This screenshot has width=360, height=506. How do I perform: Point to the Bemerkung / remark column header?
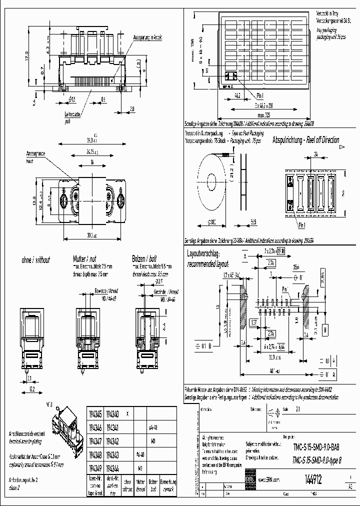167,484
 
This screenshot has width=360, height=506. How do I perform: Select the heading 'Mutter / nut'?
85,259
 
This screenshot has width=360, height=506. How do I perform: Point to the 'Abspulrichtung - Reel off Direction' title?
305,140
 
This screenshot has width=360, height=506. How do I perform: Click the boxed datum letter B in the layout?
325,329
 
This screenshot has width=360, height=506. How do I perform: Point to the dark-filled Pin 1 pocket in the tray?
230,76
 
